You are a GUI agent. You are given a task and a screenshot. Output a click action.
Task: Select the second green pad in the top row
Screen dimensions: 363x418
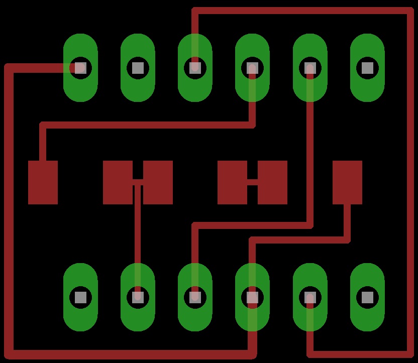click(138, 68)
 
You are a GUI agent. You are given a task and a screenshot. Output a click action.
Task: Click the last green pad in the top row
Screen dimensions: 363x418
click(367, 68)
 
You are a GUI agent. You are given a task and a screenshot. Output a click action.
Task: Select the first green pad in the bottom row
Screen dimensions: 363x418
click(80, 297)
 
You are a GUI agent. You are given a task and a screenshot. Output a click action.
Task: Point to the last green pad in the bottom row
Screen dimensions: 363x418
click(367, 297)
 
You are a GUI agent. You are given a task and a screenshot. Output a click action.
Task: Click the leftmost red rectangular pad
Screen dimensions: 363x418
click(43, 182)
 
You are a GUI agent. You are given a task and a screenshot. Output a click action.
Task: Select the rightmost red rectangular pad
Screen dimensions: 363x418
click(347, 182)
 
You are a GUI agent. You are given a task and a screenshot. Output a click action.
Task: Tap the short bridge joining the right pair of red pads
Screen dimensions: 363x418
click(252, 182)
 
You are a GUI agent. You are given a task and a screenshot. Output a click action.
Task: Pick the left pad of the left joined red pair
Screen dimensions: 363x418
click(118, 182)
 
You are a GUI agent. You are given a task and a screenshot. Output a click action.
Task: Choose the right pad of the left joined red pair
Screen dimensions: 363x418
click(158, 182)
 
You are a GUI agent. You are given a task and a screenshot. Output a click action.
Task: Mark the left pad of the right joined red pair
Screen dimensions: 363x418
click(232, 182)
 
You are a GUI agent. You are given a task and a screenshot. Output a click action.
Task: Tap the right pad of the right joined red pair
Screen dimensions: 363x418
click(272, 182)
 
